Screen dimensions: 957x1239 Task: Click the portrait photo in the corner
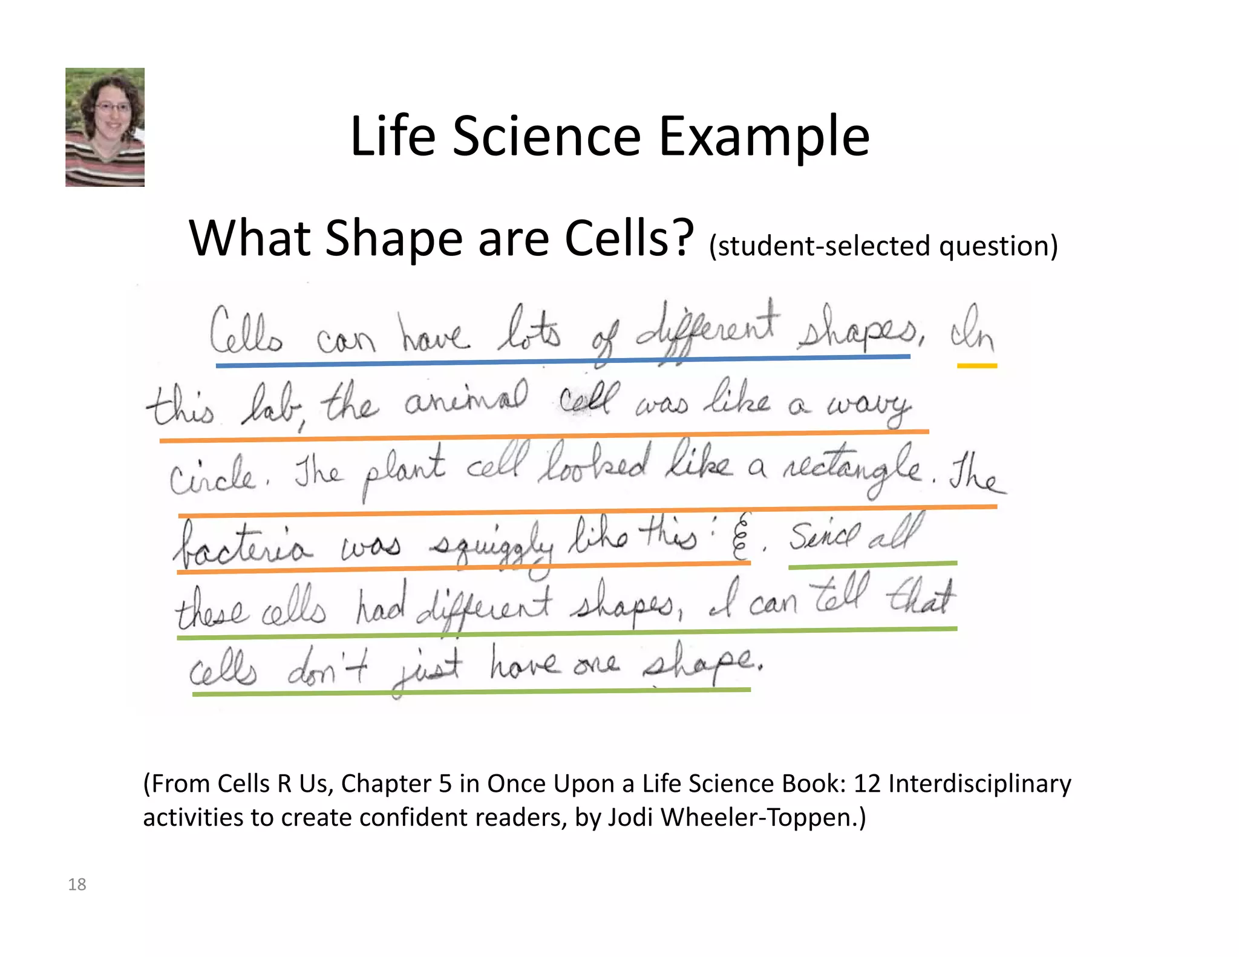point(105,127)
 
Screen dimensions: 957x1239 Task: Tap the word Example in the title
point(763,138)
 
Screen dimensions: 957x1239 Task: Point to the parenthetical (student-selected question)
point(883,246)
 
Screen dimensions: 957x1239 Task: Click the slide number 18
point(77,884)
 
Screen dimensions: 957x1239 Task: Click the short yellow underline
point(976,366)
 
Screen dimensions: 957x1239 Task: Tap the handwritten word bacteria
point(242,544)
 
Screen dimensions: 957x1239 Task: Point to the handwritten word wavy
point(869,405)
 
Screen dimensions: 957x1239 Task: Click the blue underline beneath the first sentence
point(563,361)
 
